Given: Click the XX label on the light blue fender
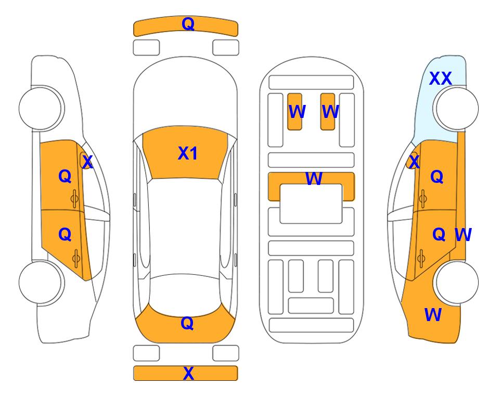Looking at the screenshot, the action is (440, 78).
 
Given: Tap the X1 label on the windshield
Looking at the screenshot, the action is (188, 153).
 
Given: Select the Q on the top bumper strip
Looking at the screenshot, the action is (188, 24).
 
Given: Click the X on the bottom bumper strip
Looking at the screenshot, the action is (188, 373).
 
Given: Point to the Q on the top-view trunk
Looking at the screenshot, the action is (187, 323).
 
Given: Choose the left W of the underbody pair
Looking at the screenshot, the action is (297, 111).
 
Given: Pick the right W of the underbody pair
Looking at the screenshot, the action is (330, 111).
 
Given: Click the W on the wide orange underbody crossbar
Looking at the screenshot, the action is (314, 178).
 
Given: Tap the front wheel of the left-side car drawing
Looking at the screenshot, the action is (40, 108).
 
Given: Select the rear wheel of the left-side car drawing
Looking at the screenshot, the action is (40, 282).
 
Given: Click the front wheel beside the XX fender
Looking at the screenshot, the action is (457, 108).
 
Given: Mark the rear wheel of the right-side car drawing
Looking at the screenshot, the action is (457, 282).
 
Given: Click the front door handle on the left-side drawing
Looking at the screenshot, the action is (74, 198).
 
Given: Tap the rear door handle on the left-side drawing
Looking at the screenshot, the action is (76, 259).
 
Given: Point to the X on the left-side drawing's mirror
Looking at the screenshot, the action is (87, 162).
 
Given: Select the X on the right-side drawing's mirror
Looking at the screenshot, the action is (414, 162).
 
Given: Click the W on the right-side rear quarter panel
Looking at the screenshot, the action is (433, 315).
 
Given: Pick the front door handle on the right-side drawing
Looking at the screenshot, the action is (422, 198).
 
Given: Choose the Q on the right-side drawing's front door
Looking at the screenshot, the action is (437, 177).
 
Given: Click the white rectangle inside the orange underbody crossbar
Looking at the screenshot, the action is (311, 204).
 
